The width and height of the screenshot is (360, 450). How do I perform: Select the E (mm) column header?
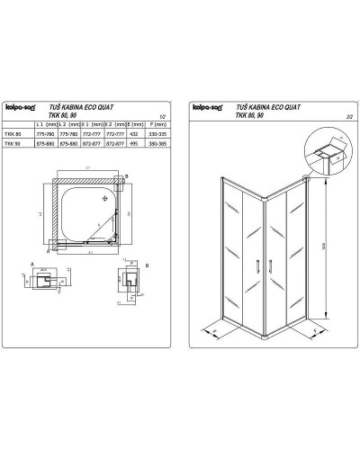tap(131, 123)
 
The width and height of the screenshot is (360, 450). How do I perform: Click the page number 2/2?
tap(340, 116)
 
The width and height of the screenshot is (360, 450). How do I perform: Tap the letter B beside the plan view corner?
tap(128, 176)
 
